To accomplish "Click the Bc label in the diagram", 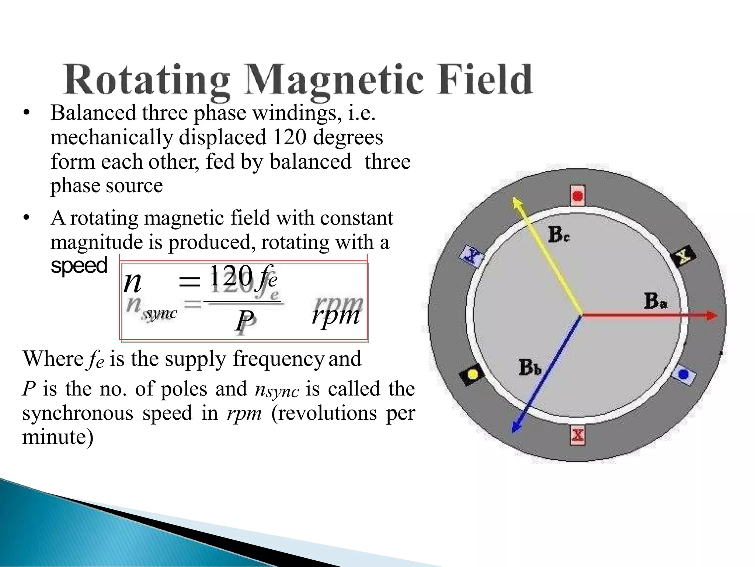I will point(558,235).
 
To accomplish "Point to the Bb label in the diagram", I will point(530,367).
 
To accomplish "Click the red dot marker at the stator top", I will point(578,196).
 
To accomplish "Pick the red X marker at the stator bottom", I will point(577,435).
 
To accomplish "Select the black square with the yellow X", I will point(683,255).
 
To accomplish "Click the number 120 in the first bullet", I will point(289,137).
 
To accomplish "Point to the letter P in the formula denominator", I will point(244,320).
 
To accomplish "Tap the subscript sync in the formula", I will point(161,313).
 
